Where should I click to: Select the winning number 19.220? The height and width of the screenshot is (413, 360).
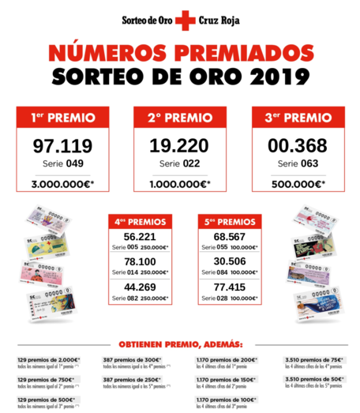click(178, 146)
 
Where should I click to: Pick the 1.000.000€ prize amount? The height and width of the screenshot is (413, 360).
click(179, 185)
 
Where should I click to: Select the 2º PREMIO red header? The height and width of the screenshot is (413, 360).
click(178, 118)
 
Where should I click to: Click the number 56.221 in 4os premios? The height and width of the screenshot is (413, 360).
click(140, 236)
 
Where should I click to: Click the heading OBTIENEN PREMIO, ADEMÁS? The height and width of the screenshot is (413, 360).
click(181, 344)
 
